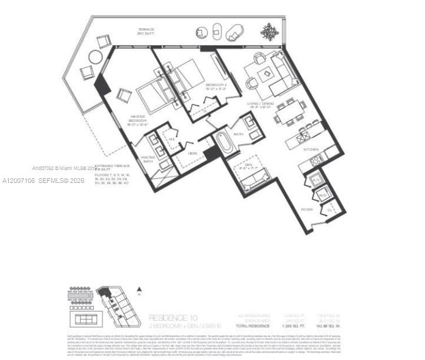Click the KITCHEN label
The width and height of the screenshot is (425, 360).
click(311, 150)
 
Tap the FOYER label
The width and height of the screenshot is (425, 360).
click(307, 209)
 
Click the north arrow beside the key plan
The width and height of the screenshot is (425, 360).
click(139, 289)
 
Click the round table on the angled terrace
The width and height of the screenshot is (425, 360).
click(95, 58)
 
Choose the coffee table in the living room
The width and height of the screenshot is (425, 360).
click(267, 73)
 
